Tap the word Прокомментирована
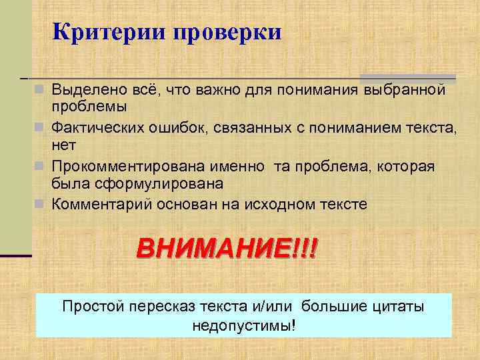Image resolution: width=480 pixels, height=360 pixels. pos(119,165)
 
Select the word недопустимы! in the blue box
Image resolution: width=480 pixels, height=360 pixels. pos(243,326)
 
